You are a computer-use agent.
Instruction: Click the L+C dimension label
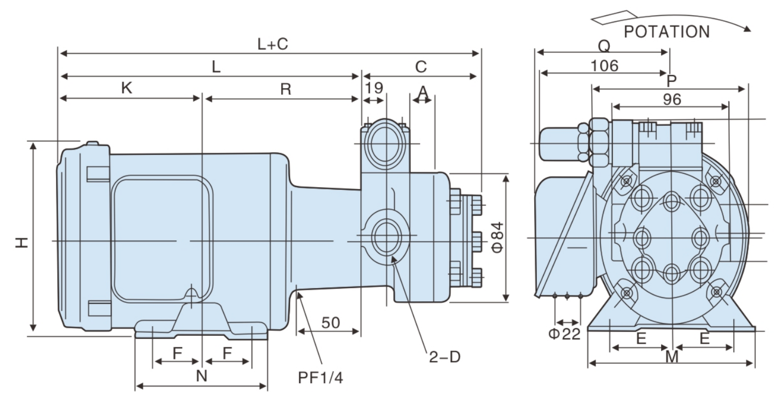pos(273,44)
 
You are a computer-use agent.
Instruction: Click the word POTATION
pos(667,32)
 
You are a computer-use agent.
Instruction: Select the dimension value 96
pos(671,98)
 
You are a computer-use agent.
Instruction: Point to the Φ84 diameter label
pos(497,237)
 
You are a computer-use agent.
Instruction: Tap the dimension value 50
pos(330,323)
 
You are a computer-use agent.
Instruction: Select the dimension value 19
pos(374,87)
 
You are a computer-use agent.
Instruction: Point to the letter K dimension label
pos(126,88)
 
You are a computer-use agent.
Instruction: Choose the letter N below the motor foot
pos(201,376)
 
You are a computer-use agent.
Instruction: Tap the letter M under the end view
pos(672,357)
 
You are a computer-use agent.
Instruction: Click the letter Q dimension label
pos(603,47)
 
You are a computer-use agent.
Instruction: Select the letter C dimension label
pos(421,67)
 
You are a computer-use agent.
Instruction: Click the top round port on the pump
pos(386,143)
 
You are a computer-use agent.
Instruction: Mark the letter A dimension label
pos(423,92)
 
